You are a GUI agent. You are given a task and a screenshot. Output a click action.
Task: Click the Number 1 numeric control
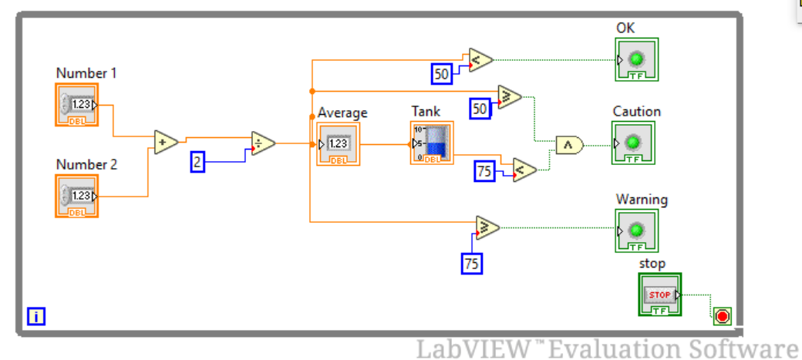pyautogui.click(x=77, y=105)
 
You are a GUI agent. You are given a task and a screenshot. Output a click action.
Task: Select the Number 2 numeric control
pyautogui.click(x=77, y=196)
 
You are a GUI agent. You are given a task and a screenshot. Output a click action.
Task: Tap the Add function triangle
pyautogui.click(x=165, y=143)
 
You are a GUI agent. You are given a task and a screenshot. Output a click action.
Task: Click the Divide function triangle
pyautogui.click(x=263, y=143)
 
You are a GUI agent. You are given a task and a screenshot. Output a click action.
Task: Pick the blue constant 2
pyautogui.click(x=197, y=162)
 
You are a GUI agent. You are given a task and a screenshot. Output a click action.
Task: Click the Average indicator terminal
pyautogui.click(x=338, y=144)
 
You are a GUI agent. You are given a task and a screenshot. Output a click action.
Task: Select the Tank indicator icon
pyautogui.click(x=431, y=143)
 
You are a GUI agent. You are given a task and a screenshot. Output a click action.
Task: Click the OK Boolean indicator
pyautogui.click(x=636, y=59)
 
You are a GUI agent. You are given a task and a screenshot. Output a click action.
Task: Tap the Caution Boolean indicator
pyautogui.click(x=633, y=143)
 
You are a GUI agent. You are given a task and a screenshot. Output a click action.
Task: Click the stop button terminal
pyautogui.click(x=659, y=294)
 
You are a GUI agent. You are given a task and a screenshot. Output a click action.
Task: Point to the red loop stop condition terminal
pyautogui.click(x=723, y=316)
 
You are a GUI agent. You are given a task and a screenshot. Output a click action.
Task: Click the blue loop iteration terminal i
pyautogui.click(x=35, y=315)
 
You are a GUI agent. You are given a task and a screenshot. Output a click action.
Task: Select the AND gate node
pyautogui.click(x=569, y=144)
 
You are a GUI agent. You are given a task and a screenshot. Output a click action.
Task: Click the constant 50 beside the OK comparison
pyautogui.click(x=442, y=74)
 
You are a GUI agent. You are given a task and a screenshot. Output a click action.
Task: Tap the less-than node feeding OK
pyautogui.click(x=480, y=59)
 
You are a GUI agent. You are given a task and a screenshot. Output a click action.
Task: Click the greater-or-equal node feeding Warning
pyautogui.click(x=487, y=227)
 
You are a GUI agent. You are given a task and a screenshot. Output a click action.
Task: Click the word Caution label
pyautogui.click(x=636, y=112)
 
